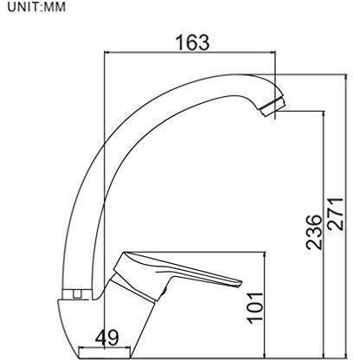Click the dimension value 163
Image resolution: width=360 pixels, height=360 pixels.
[193, 42]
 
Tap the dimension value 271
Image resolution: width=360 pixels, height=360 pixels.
[336, 214]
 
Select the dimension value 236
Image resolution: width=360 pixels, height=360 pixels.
[313, 232]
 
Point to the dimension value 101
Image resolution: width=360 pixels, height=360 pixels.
[255, 308]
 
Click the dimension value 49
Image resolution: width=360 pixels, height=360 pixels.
[106, 337]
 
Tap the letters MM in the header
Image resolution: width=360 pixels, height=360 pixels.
[55, 7]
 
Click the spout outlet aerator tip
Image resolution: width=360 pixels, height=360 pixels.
[272, 106]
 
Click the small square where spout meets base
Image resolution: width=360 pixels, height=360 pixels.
[77, 294]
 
